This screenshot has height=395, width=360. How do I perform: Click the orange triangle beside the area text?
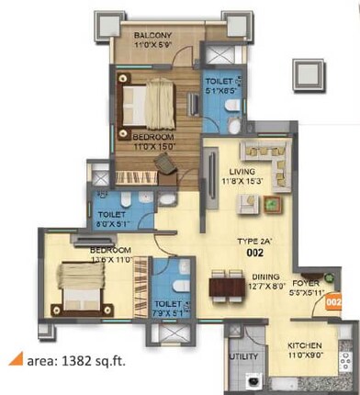pyautogui.click(x=17, y=360)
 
